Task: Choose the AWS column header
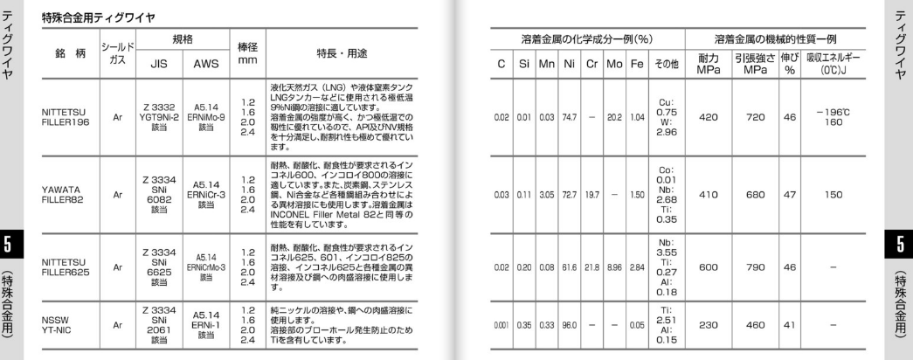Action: (204, 63)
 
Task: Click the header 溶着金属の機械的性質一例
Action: (777, 39)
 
